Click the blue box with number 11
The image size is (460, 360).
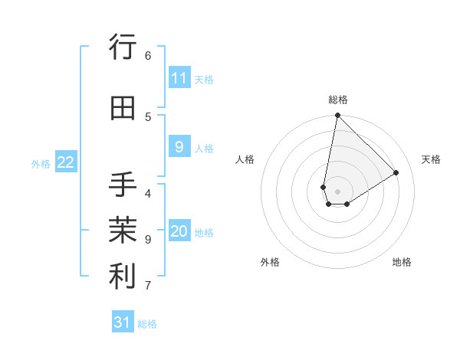179,78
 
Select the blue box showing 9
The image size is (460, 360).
179,147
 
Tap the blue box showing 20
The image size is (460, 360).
179,231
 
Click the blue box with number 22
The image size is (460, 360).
66,162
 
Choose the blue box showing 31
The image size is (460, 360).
123,322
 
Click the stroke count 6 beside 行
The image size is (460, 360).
148,56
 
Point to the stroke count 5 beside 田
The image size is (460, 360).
148,117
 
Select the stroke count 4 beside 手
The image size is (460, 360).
148,193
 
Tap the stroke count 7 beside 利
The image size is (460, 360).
148,286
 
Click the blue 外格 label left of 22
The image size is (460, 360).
41,163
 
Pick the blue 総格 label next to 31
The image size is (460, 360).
147,324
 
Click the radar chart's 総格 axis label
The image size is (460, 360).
338,100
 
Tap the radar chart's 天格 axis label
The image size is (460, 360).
431,159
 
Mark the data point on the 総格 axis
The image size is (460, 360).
337,116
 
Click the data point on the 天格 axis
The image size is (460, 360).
396,172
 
